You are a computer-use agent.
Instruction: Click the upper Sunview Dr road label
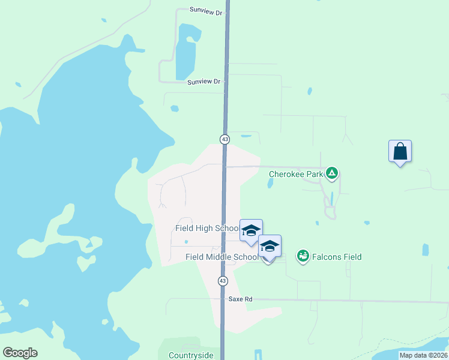(206, 10)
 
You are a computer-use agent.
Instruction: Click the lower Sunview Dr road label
(203, 82)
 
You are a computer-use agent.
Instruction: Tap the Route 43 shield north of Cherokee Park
(224, 139)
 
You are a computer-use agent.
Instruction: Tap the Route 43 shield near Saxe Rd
(223, 281)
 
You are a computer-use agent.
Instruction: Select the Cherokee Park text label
(295, 175)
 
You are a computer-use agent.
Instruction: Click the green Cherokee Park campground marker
(332, 174)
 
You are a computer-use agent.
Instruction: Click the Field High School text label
(207, 228)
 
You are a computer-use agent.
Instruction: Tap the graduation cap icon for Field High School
(251, 230)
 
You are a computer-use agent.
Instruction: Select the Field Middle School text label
(221, 257)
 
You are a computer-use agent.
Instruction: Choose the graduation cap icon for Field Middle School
(270, 246)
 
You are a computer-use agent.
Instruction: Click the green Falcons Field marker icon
(303, 257)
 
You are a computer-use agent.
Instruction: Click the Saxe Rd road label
(240, 298)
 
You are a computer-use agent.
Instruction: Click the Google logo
(20, 353)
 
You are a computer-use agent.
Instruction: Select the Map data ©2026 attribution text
(423, 355)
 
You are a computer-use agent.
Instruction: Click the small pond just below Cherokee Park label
(270, 184)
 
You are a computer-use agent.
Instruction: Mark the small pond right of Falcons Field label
(426, 250)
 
